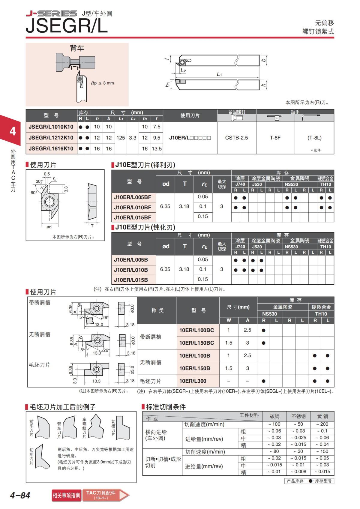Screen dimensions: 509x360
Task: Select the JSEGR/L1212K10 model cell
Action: (x=51, y=138)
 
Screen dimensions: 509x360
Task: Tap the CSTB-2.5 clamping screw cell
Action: (x=236, y=138)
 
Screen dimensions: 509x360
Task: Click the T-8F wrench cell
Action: (x=275, y=138)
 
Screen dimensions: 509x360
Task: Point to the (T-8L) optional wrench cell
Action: (x=314, y=138)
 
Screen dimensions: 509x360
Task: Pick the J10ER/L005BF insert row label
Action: (x=133, y=197)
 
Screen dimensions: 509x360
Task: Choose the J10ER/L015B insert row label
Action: (x=131, y=280)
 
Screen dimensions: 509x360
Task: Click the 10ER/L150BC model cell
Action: (x=197, y=343)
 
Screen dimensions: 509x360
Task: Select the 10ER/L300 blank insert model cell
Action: (x=193, y=381)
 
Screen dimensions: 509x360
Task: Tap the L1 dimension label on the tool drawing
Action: (x=219, y=74)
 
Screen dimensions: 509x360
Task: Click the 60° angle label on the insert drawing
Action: (x=34, y=193)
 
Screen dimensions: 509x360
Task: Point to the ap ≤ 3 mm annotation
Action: (x=102, y=83)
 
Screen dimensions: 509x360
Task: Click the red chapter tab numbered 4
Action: (x=13, y=131)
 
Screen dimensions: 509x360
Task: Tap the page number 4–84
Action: (x=20, y=495)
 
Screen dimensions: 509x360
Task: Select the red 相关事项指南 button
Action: (x=66, y=495)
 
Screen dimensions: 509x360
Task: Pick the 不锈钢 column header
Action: (x=298, y=416)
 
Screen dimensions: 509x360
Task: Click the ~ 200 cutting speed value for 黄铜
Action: (x=322, y=424)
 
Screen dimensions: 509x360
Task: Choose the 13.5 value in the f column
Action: (x=157, y=148)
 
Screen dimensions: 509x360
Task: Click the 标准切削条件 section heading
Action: (x=166, y=407)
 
